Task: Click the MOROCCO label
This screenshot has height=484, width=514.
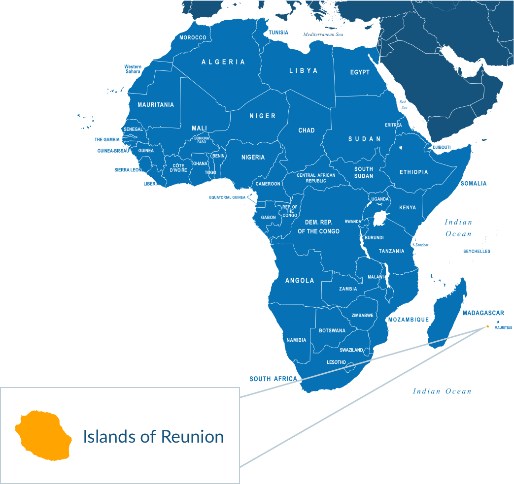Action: click(193, 38)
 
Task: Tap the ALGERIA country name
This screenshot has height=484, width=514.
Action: click(223, 62)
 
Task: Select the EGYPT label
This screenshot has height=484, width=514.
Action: click(360, 72)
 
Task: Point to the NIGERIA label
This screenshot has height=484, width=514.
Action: click(253, 158)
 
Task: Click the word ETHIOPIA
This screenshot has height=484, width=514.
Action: click(413, 172)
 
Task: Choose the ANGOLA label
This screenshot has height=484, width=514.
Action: click(300, 281)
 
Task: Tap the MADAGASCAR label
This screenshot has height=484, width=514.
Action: click(483, 313)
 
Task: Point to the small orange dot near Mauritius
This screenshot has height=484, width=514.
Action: click(487, 326)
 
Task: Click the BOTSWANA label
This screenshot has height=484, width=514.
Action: click(332, 331)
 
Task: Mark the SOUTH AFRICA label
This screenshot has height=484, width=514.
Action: click(273, 379)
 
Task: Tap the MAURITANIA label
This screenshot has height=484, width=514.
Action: click(156, 105)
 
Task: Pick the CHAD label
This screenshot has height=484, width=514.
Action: click(307, 130)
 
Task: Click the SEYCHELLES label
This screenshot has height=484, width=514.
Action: click(477, 252)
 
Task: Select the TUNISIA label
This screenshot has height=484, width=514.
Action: click(278, 32)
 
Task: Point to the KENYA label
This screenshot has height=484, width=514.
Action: click(408, 208)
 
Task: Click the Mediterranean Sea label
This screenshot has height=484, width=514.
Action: click(323, 34)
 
